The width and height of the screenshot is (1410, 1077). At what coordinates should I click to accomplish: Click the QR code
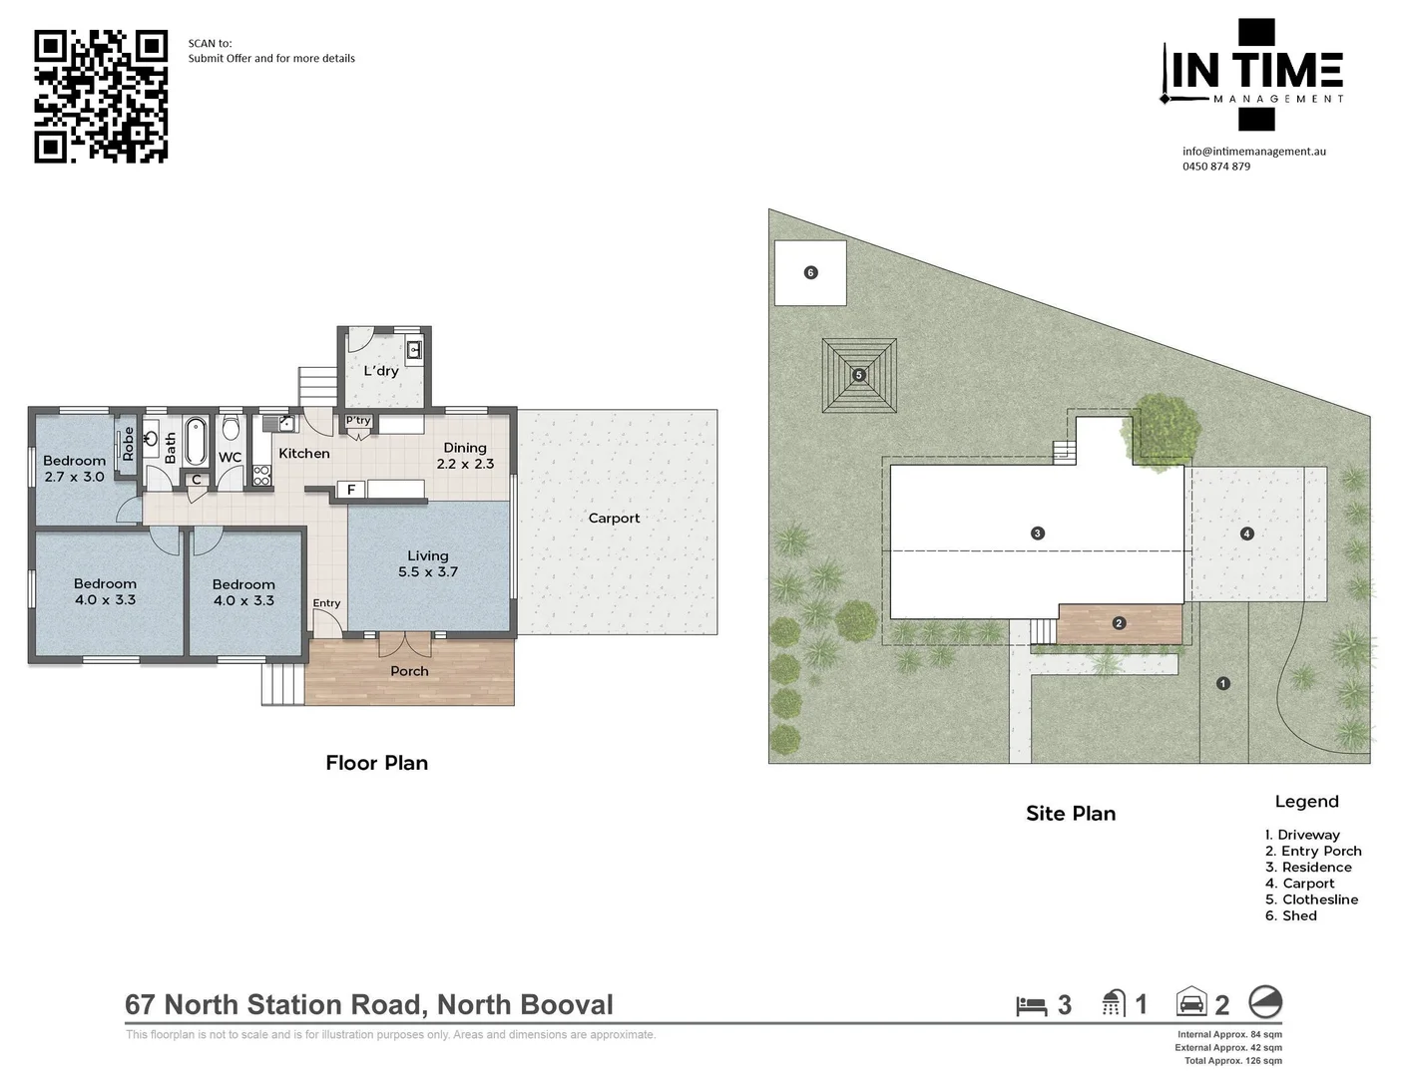tap(101, 97)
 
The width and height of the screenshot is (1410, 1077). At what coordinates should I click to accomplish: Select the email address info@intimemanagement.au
tap(1254, 152)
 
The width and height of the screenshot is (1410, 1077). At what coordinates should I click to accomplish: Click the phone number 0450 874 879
tap(1216, 167)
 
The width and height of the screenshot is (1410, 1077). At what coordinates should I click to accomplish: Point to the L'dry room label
tap(381, 370)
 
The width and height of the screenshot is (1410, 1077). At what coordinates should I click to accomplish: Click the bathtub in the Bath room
tap(196, 441)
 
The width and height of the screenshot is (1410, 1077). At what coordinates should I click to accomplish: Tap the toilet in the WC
tap(230, 426)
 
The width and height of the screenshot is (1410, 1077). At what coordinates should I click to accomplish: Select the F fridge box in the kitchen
tap(350, 490)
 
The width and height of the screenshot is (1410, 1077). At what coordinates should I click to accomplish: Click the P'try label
tap(358, 421)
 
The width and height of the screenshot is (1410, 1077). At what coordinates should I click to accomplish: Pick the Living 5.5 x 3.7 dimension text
tap(428, 571)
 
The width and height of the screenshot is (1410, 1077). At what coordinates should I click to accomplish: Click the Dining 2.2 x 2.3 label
tap(465, 456)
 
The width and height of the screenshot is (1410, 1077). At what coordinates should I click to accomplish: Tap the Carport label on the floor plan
tap(614, 518)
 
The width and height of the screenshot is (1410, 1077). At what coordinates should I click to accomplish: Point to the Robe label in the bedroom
tap(128, 444)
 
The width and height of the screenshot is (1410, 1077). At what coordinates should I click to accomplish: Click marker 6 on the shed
tap(810, 273)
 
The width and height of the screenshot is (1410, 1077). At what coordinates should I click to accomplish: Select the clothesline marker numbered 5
tap(859, 376)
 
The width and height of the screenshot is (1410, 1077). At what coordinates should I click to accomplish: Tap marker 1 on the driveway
tap(1223, 683)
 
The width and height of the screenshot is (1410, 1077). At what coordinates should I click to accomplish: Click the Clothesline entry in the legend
tap(1312, 899)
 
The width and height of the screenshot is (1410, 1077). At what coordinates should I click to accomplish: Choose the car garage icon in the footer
tap(1191, 1001)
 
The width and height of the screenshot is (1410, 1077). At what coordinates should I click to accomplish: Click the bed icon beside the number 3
tap(1032, 1006)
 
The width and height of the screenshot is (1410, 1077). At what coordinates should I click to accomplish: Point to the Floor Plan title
tap(377, 763)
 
